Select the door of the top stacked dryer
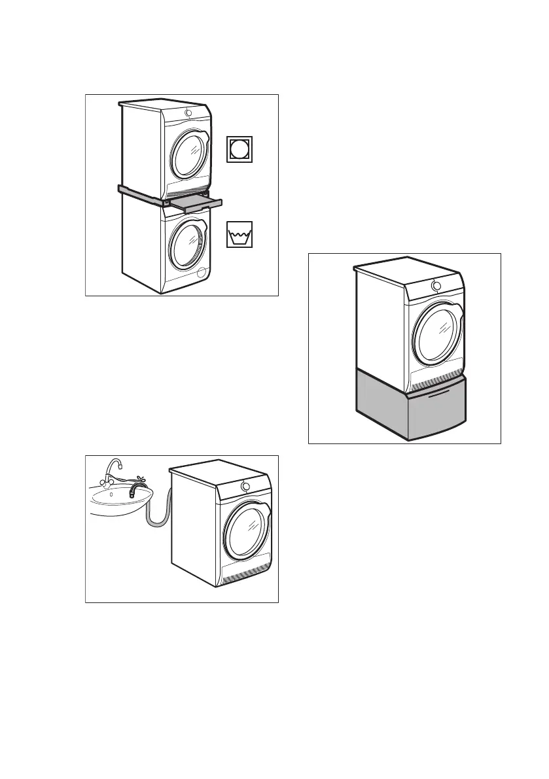click(189, 154)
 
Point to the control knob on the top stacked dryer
click(189, 113)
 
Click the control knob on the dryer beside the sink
click(245, 486)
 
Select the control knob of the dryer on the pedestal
click(436, 286)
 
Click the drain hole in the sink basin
click(111, 495)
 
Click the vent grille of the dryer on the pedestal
click(437, 386)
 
